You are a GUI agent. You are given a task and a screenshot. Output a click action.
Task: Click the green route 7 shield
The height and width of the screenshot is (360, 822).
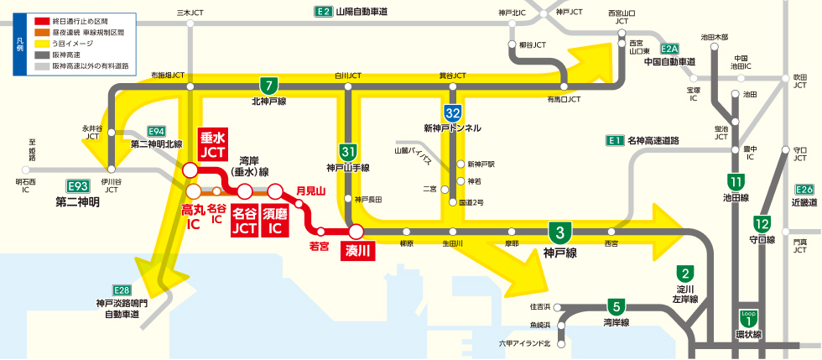[x=268, y=86]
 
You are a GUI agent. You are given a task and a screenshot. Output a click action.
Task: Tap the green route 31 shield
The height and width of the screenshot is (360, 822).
[x=349, y=152]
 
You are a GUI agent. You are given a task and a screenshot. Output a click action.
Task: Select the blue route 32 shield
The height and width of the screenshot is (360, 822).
[x=452, y=112]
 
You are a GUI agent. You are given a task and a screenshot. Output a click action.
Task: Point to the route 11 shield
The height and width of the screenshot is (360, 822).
[x=736, y=181]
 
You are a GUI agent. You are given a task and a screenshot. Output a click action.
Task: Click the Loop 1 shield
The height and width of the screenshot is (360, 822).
[x=745, y=318]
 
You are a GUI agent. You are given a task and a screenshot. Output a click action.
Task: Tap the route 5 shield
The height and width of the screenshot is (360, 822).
[x=616, y=305]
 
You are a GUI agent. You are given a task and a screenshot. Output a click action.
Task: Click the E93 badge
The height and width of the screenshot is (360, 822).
[x=78, y=185]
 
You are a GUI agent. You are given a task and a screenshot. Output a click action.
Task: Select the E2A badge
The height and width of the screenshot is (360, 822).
[x=669, y=49]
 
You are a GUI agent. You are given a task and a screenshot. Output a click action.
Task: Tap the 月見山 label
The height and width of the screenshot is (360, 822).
[x=310, y=191]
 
